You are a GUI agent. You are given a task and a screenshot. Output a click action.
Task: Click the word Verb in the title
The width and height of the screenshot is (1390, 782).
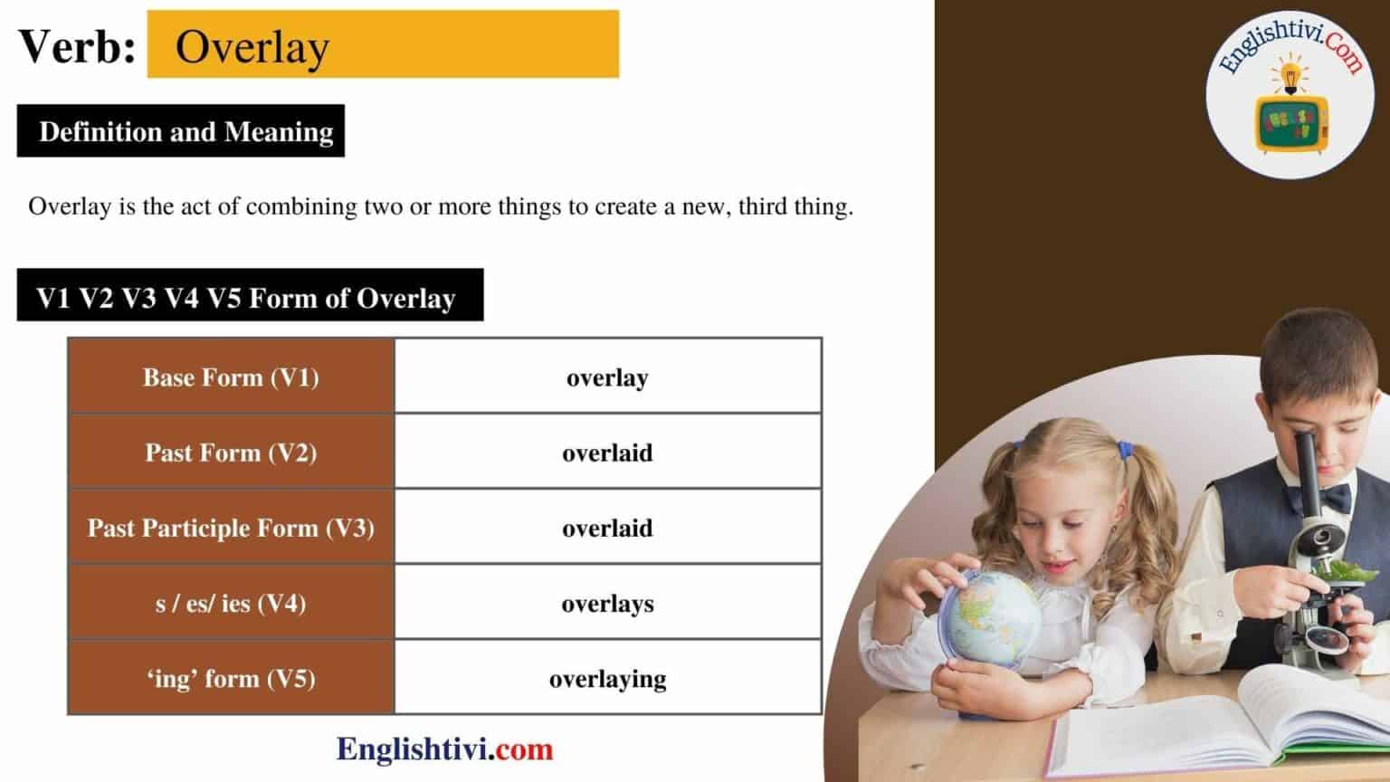click(75, 46)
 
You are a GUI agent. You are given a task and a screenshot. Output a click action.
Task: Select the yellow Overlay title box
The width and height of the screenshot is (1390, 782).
click(382, 44)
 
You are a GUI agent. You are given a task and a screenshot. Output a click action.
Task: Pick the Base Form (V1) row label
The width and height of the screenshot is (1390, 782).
click(231, 377)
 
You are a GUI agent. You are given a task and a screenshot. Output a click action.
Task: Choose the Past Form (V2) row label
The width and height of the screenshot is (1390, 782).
click(231, 452)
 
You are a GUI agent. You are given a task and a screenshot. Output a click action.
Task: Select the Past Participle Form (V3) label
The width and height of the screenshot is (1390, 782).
click(231, 527)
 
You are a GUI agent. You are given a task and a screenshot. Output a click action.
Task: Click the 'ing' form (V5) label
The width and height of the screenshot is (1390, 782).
click(231, 678)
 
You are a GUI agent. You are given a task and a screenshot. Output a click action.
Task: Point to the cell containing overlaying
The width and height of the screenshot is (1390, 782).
click(607, 678)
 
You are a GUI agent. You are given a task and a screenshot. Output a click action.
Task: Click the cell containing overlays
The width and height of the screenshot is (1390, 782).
click(607, 603)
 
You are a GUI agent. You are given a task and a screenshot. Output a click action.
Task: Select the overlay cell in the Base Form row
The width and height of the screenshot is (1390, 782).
click(607, 377)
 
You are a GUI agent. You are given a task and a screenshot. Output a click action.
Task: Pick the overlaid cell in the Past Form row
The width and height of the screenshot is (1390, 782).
click(607, 452)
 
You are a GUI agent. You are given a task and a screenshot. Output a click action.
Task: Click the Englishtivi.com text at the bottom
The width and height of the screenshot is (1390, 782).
click(444, 749)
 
